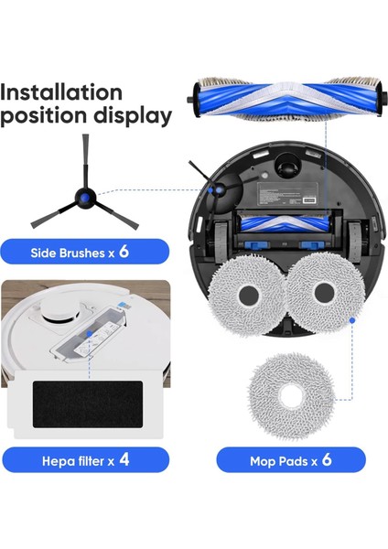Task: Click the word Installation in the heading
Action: click(61, 92)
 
